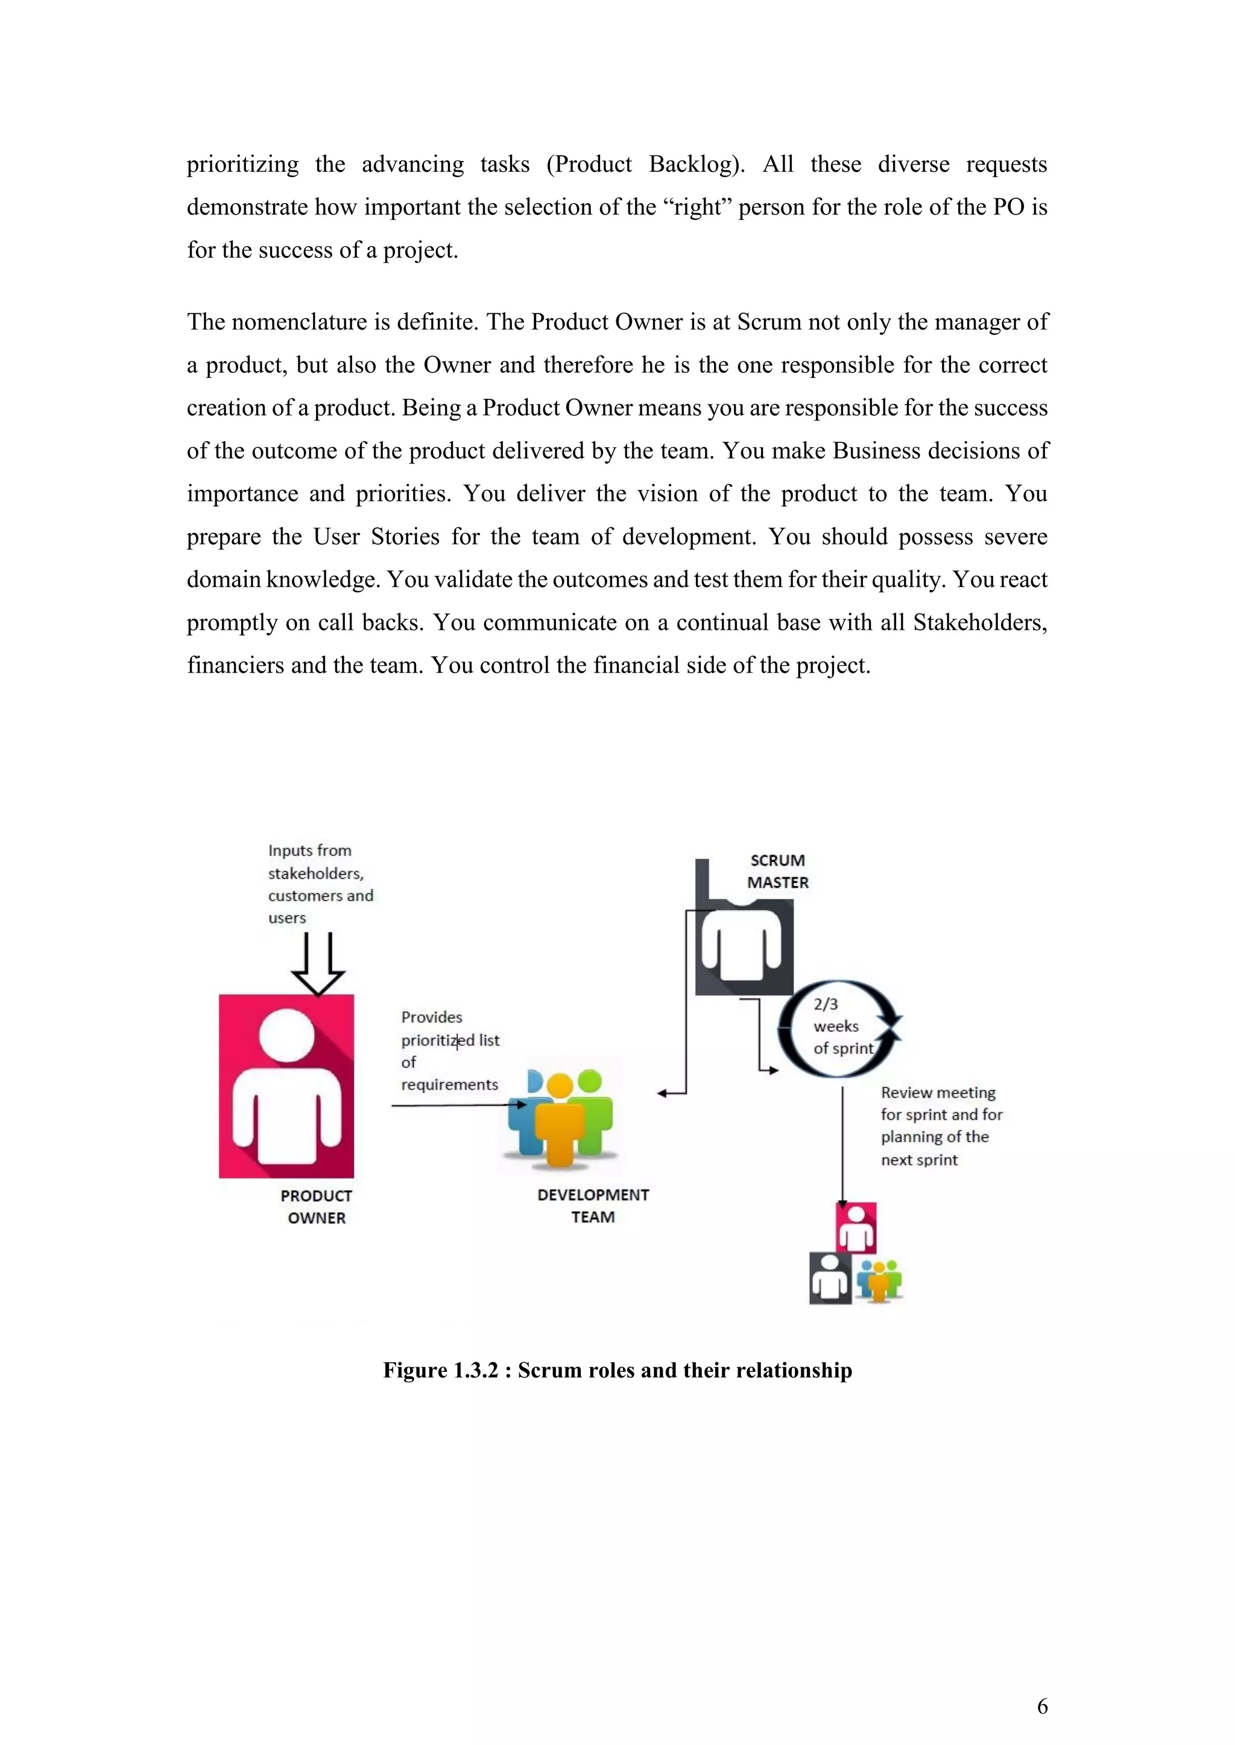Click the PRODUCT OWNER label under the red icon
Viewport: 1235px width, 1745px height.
tap(317, 1206)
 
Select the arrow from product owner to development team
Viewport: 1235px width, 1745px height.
tap(456, 1105)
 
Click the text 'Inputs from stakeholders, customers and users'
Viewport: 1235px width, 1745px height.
tap(320, 884)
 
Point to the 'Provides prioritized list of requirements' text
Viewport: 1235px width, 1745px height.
tap(449, 1050)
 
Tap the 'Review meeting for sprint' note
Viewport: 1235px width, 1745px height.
tap(941, 1126)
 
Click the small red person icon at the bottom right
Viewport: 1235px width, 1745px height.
tap(856, 1228)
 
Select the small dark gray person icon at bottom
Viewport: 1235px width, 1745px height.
tap(830, 1279)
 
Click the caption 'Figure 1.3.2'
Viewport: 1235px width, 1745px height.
tap(617, 1370)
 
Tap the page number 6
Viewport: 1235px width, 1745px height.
tap(1042, 1706)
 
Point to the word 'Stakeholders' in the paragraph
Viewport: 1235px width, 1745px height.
tap(979, 622)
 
